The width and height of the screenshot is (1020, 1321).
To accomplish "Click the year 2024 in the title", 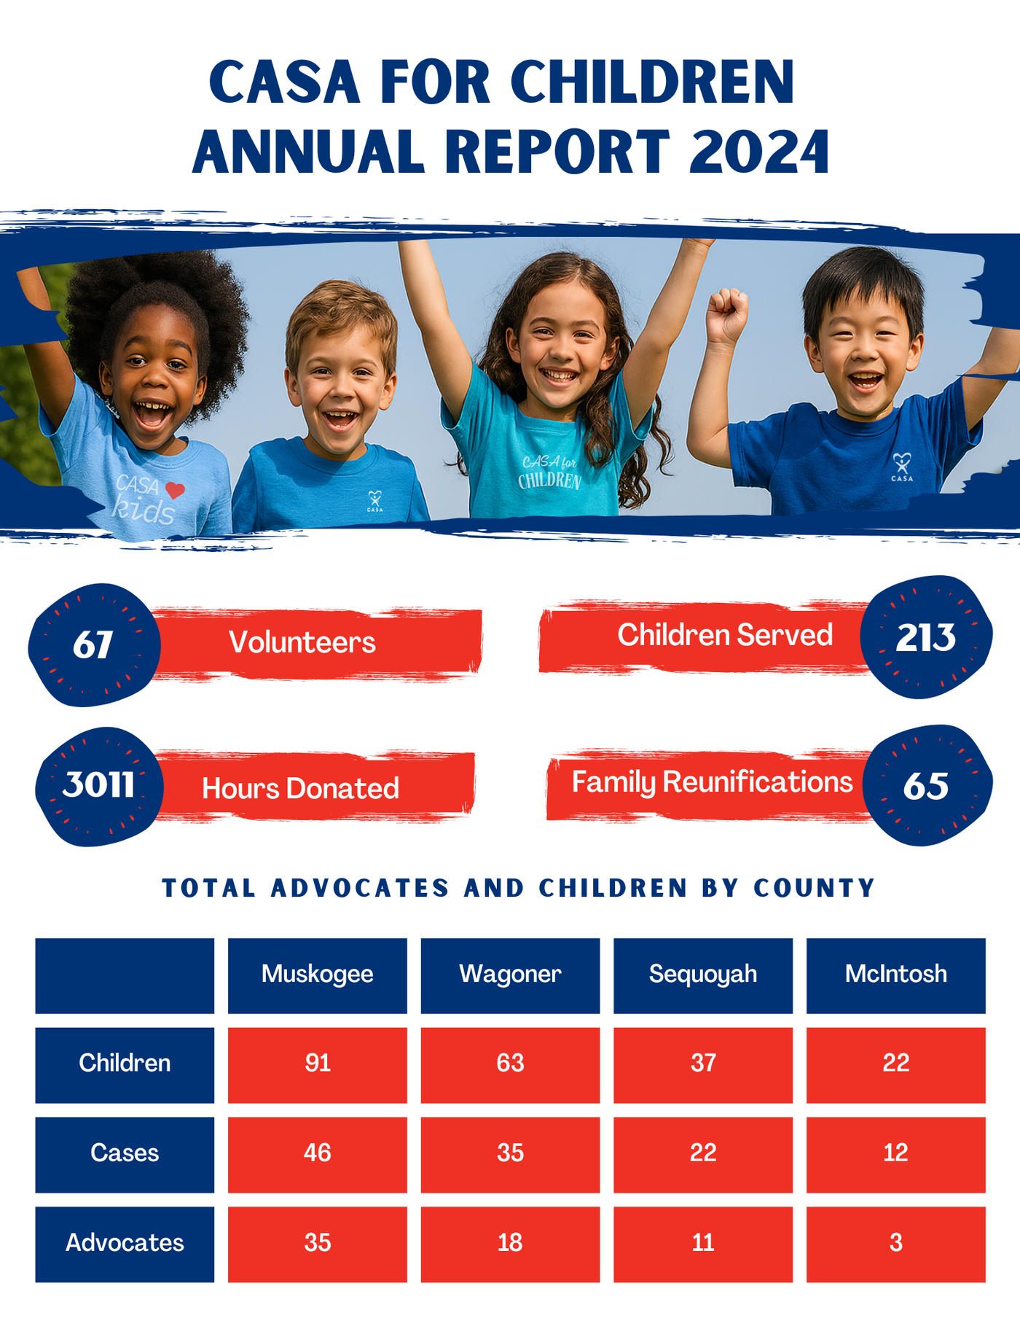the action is (x=758, y=152).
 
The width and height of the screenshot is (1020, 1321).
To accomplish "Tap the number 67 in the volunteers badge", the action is (x=93, y=644).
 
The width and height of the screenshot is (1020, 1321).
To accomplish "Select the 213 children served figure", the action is (x=925, y=638).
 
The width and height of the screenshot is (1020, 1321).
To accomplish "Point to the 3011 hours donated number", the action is (x=98, y=784).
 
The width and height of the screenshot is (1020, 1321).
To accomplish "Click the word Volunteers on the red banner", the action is (x=302, y=642).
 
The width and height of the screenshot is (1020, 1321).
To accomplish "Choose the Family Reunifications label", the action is (x=712, y=782).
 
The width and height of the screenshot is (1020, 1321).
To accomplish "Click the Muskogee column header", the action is (x=318, y=975).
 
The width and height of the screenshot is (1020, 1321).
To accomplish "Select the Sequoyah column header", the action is (x=703, y=975).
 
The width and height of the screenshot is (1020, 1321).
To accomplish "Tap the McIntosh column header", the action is (x=896, y=975).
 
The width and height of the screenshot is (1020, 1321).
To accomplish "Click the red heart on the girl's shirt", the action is (x=175, y=491).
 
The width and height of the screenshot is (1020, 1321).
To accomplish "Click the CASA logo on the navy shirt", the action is (x=902, y=467).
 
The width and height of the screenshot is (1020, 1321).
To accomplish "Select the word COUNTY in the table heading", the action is (x=814, y=888).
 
